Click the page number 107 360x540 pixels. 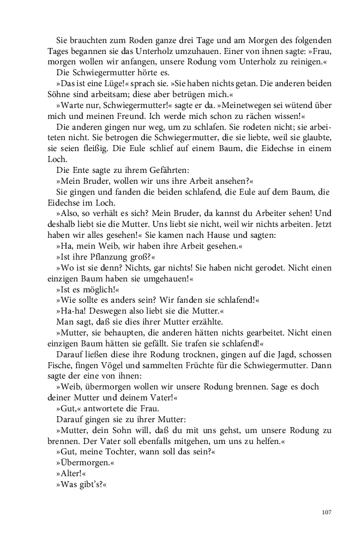pyautogui.click(x=327, y=512)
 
